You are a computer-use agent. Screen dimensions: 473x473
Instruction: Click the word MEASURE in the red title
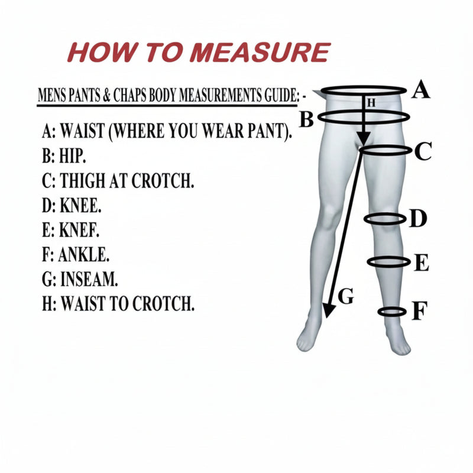coord(260,53)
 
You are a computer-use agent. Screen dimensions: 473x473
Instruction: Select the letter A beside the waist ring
coord(421,89)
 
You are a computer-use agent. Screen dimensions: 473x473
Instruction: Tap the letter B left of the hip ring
coord(307,119)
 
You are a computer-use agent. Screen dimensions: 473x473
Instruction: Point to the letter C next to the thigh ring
coord(423,151)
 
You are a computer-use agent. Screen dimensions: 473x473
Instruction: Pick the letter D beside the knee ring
coord(418,218)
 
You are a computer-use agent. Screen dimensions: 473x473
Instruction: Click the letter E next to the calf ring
coord(422,263)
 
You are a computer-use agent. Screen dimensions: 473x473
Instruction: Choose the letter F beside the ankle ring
coord(420,311)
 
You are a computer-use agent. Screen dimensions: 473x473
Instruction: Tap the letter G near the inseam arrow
coord(346,296)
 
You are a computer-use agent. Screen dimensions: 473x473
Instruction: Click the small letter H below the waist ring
coord(371,103)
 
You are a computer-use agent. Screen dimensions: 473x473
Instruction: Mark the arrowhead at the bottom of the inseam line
coord(329,310)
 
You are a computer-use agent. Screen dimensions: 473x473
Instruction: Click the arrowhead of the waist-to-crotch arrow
coord(364,139)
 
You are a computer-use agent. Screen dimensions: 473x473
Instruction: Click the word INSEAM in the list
coord(89,279)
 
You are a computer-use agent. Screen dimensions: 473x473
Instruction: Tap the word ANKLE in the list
coord(83,254)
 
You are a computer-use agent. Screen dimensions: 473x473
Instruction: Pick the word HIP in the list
coord(72,156)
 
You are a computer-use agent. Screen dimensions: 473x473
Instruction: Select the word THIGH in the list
coord(82,181)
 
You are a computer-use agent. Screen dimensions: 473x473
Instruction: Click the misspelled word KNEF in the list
coord(79,230)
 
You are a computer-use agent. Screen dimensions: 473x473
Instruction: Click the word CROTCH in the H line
coord(163,303)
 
